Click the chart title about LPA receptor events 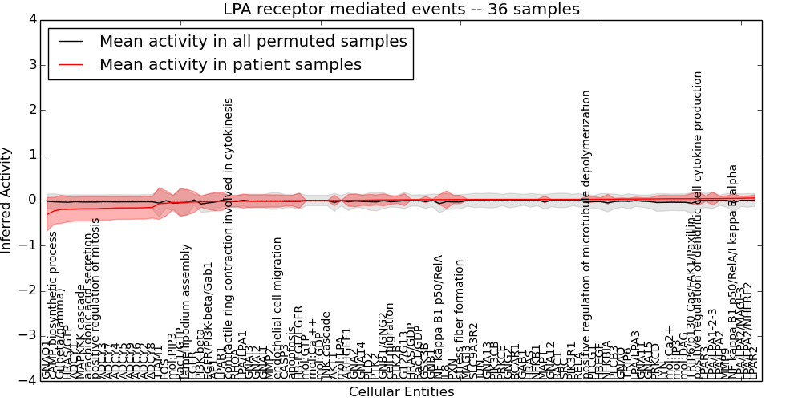click(x=401, y=10)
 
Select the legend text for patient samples click(x=230, y=65)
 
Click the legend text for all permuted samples click(x=253, y=42)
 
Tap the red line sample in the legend click(x=70, y=65)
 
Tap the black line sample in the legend click(x=70, y=42)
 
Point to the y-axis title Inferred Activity click(x=7, y=200)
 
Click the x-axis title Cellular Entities click(x=401, y=391)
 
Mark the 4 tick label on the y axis click(x=31, y=19)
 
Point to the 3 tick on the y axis click(x=31, y=65)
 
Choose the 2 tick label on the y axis click(x=31, y=110)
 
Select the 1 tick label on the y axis click(x=31, y=155)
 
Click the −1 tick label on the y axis click(x=28, y=245)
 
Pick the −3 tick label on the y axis click(x=28, y=335)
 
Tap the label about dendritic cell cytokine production click(x=698, y=225)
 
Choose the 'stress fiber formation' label click(x=460, y=318)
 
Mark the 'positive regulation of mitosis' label click(x=96, y=298)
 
